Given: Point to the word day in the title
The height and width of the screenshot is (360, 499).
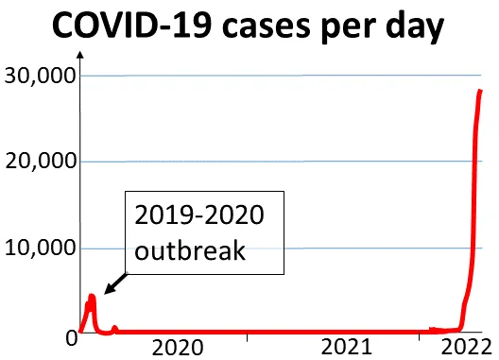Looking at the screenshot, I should coord(417,29).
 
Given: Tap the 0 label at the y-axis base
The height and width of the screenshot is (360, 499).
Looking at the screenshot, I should coord(68,335).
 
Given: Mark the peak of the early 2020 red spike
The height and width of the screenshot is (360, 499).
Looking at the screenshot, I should coord(93,297).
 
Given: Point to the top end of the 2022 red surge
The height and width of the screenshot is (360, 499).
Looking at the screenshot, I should coord(480,91).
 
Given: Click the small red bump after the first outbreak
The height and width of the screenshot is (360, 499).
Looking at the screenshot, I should coord(114,329).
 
